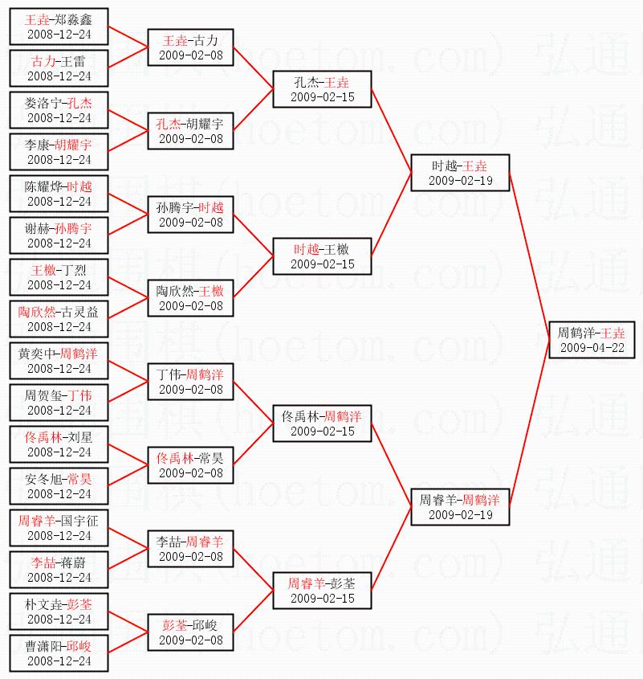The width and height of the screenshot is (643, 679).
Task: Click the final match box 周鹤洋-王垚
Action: point(592,340)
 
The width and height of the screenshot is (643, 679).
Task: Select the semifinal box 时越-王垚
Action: point(460,173)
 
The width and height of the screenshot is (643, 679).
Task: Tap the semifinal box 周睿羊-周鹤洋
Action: point(460,507)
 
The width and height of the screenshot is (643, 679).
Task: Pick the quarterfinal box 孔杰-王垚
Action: point(322,89)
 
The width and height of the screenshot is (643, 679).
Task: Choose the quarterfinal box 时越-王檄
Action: point(322,256)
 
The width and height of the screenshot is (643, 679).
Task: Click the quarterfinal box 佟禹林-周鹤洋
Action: point(322,423)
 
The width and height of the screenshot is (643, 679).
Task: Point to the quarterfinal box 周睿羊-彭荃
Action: point(322,591)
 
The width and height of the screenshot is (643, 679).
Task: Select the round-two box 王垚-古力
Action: point(191,47)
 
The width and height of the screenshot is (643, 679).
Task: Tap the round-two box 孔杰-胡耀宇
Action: point(191,131)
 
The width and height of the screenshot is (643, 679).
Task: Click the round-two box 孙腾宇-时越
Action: point(191,215)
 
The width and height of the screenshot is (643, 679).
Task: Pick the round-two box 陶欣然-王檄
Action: point(191,298)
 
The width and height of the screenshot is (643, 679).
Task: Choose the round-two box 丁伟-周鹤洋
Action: point(191,382)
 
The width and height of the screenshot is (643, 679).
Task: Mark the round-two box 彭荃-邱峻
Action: point(191,632)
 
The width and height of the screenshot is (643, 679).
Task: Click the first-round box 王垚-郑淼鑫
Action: point(59,27)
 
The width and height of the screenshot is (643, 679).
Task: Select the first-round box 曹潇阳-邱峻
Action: point(59,653)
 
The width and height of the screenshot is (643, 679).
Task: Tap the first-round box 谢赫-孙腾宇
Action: point(59,235)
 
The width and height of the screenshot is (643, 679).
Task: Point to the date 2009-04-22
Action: point(592,348)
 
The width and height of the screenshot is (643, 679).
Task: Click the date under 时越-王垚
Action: point(460,181)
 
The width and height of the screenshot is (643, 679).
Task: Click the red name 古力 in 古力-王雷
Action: point(43,61)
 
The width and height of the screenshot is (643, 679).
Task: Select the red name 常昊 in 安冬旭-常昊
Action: point(79,479)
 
